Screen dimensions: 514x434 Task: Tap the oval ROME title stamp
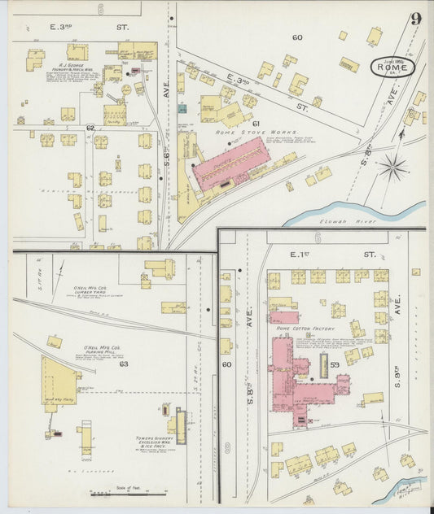[393, 68]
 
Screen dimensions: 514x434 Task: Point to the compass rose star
[392, 168]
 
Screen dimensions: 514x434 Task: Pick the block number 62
[90, 128]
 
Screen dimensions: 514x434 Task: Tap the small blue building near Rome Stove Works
[182, 107]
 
